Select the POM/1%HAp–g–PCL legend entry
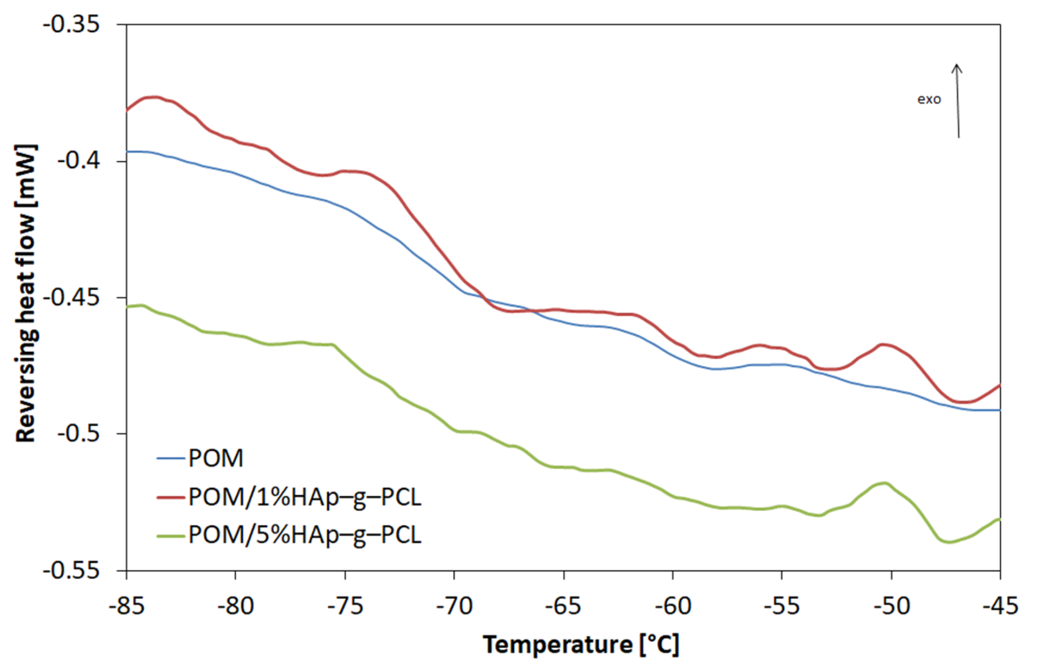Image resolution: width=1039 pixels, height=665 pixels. [x=304, y=497]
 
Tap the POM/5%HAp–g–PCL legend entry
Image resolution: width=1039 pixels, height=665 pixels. [x=304, y=535]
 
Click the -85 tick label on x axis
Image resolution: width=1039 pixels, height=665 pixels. [x=126, y=606]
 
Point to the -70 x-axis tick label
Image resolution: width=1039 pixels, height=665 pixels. [x=454, y=606]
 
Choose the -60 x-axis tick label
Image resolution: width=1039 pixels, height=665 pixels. [x=672, y=606]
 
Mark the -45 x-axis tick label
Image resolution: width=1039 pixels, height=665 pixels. [x=1000, y=606]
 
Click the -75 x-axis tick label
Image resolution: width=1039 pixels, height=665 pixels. [x=345, y=606]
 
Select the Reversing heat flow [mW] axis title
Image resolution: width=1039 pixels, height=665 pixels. [x=26, y=293]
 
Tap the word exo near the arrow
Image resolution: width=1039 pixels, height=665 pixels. [x=929, y=99]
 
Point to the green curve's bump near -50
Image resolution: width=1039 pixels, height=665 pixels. [x=884, y=483]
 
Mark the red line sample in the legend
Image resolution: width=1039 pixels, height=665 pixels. [x=170, y=497]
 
